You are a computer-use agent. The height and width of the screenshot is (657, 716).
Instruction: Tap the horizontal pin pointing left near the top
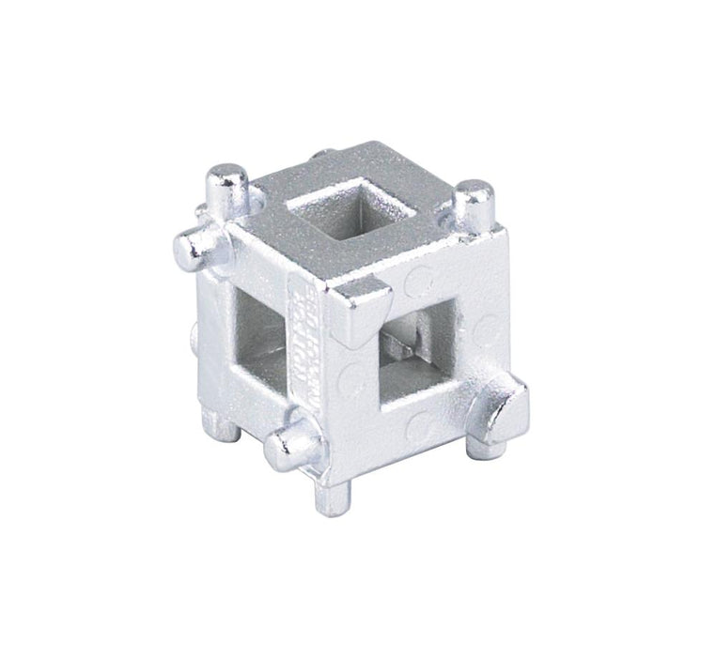coord(192,245)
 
